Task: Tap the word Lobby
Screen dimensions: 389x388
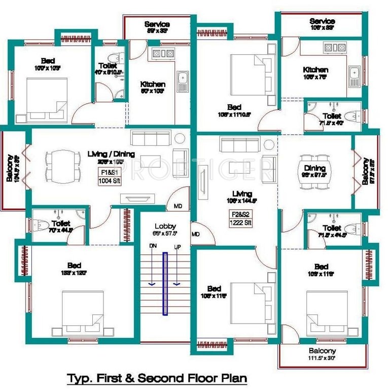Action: [164, 226]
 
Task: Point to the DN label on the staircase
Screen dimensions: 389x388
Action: [152, 246]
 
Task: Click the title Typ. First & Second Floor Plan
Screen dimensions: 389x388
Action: [157, 378]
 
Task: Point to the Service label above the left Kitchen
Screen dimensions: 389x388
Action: [157, 24]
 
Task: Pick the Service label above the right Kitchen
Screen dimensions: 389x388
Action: [322, 21]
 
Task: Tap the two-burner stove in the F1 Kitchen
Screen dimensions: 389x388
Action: [161, 53]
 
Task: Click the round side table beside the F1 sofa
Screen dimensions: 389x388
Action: [180, 138]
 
